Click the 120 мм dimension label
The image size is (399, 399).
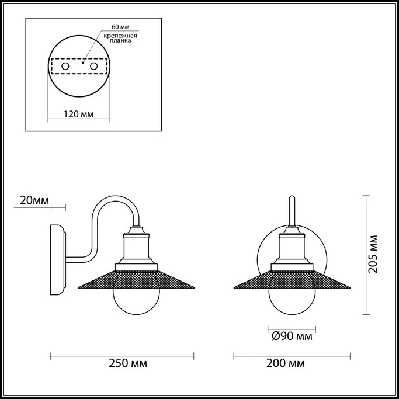(x=79, y=114)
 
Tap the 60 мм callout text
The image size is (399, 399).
(x=120, y=27)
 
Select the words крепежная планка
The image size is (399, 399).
(x=120, y=38)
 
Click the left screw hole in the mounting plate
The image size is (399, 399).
(x=65, y=67)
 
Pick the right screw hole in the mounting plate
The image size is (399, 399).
(x=93, y=67)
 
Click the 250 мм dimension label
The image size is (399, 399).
(x=128, y=363)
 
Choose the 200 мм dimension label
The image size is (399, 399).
(x=286, y=363)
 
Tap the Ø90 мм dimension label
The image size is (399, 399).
(x=292, y=336)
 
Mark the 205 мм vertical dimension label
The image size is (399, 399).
(x=373, y=254)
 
